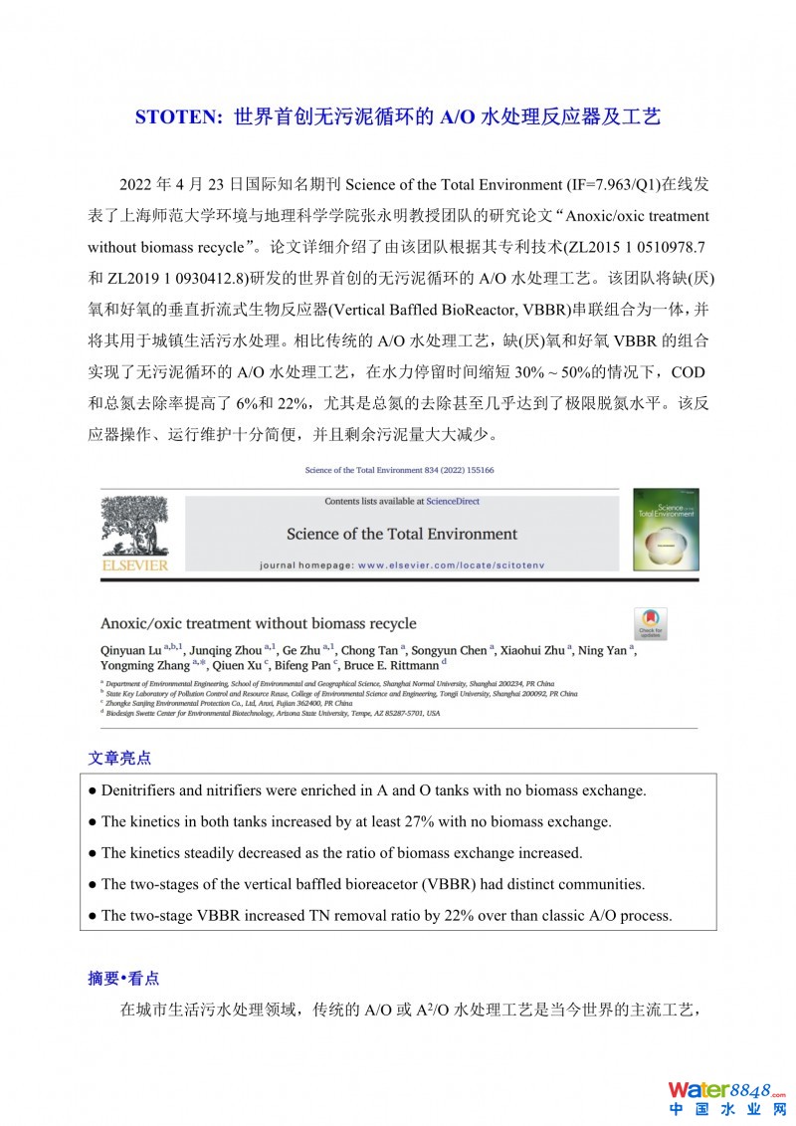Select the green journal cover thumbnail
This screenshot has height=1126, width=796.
(666, 529)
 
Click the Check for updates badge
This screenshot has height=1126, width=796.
(651, 624)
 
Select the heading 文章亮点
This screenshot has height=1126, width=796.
(119, 758)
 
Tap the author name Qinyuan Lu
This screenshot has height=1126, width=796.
(131, 650)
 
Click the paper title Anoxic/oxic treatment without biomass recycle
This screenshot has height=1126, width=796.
(258, 623)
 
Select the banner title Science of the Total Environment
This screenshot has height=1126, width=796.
(402, 534)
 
